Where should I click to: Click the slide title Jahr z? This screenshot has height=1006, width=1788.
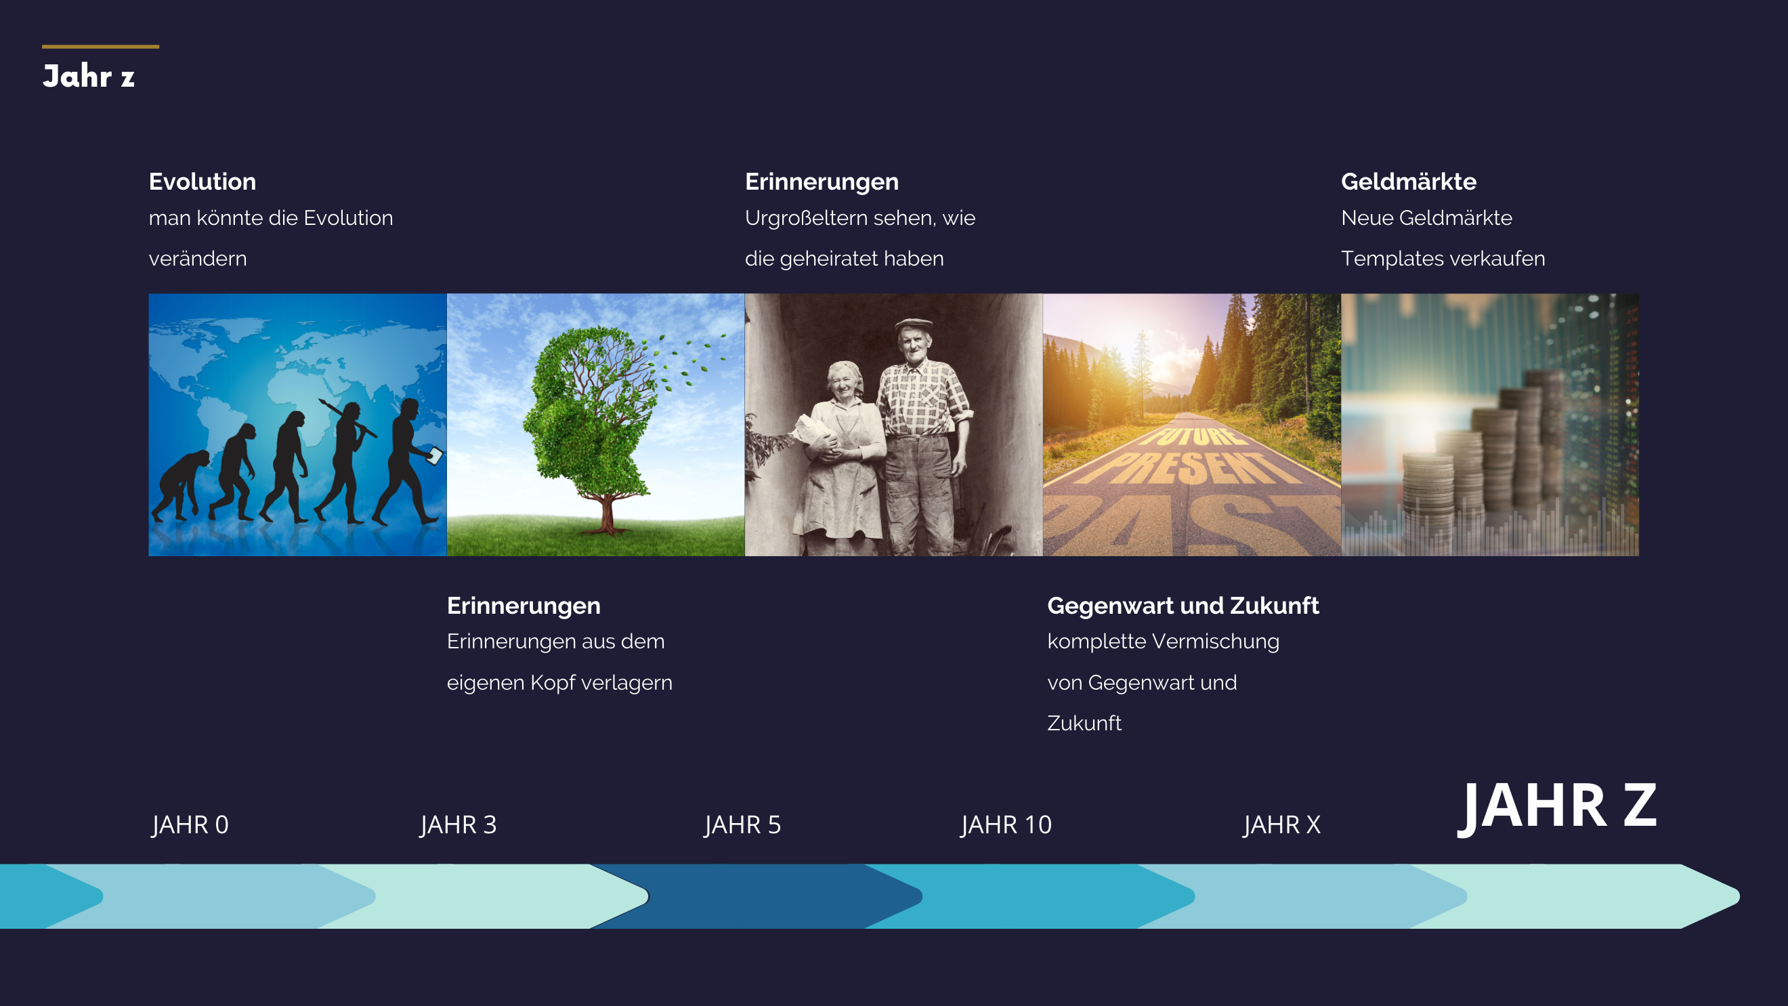[x=88, y=77]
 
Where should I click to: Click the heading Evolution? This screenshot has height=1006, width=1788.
[x=202, y=182]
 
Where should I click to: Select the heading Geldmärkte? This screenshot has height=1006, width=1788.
[x=1408, y=182]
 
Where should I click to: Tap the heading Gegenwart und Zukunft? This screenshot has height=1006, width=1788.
[x=1183, y=606]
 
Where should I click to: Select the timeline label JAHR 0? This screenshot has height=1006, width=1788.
[x=190, y=825]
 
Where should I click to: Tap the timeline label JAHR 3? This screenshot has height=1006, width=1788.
[x=458, y=825]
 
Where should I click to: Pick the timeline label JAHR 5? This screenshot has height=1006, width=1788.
[x=743, y=825]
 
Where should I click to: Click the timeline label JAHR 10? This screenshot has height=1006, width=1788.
[x=1006, y=825]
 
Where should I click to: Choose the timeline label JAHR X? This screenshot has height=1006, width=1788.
[x=1282, y=825]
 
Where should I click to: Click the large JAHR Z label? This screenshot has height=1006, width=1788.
[x=1557, y=807]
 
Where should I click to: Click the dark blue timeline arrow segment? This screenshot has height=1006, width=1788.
[x=757, y=896]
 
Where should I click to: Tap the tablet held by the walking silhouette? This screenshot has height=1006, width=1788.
[x=434, y=455]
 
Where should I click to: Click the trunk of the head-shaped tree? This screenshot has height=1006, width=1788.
[x=608, y=514]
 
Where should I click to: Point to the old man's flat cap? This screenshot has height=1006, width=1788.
[x=914, y=324]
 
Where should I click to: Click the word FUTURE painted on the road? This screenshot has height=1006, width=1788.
[x=1193, y=436]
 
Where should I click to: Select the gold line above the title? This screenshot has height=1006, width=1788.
[x=101, y=47]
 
